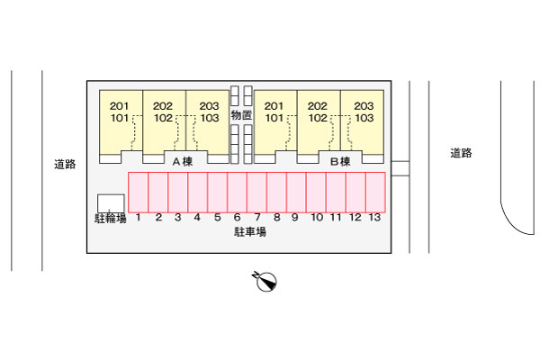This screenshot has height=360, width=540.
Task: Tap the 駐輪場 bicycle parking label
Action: click(110, 218)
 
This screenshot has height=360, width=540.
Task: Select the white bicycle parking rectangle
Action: click(111, 202)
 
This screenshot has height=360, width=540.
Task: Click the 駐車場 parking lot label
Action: click(249, 231)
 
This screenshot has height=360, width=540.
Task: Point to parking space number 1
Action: click(139, 191)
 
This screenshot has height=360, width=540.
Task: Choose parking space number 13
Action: click(375, 191)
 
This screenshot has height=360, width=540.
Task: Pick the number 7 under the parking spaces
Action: click(257, 218)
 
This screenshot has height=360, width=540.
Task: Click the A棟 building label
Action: click(183, 162)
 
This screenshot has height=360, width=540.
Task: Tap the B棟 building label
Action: click(339, 162)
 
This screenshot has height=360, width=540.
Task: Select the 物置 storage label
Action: click(240, 115)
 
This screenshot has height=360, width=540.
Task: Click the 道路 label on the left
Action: click(64, 164)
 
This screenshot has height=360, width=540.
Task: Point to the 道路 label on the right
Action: click(462, 153)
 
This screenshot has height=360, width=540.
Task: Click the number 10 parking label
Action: click(317, 218)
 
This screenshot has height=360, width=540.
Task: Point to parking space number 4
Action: click(198, 191)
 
